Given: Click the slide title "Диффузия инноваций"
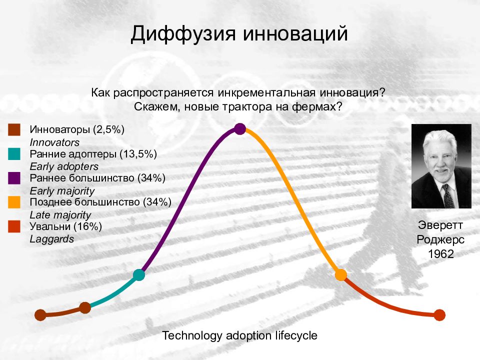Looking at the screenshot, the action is tap(239, 33).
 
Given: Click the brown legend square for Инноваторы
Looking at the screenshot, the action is tap(14, 130).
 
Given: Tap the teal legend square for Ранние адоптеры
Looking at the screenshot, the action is tap(14, 154).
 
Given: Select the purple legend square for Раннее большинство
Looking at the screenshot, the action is tap(14, 178).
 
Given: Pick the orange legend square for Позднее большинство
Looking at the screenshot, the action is tap(14, 202).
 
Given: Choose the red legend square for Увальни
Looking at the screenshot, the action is tap(14, 226).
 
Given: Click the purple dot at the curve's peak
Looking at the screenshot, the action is tap(240, 129).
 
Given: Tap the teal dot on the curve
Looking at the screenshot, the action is tap(139, 275).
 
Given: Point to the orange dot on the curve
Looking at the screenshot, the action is tap(340, 275).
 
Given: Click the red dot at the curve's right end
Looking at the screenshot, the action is tap(439, 315).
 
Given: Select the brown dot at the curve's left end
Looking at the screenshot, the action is tap(40, 315).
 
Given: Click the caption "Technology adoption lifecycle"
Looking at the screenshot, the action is tap(239, 336).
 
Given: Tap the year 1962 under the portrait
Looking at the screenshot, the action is tap(441, 254).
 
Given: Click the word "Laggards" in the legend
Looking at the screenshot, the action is tap(51, 239).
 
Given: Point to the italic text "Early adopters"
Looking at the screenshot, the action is tap(64, 166).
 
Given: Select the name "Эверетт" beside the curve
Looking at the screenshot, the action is tap(440, 225).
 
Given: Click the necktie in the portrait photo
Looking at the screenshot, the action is tap(448, 196).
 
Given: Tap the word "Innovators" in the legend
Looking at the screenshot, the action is tap(54, 142).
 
